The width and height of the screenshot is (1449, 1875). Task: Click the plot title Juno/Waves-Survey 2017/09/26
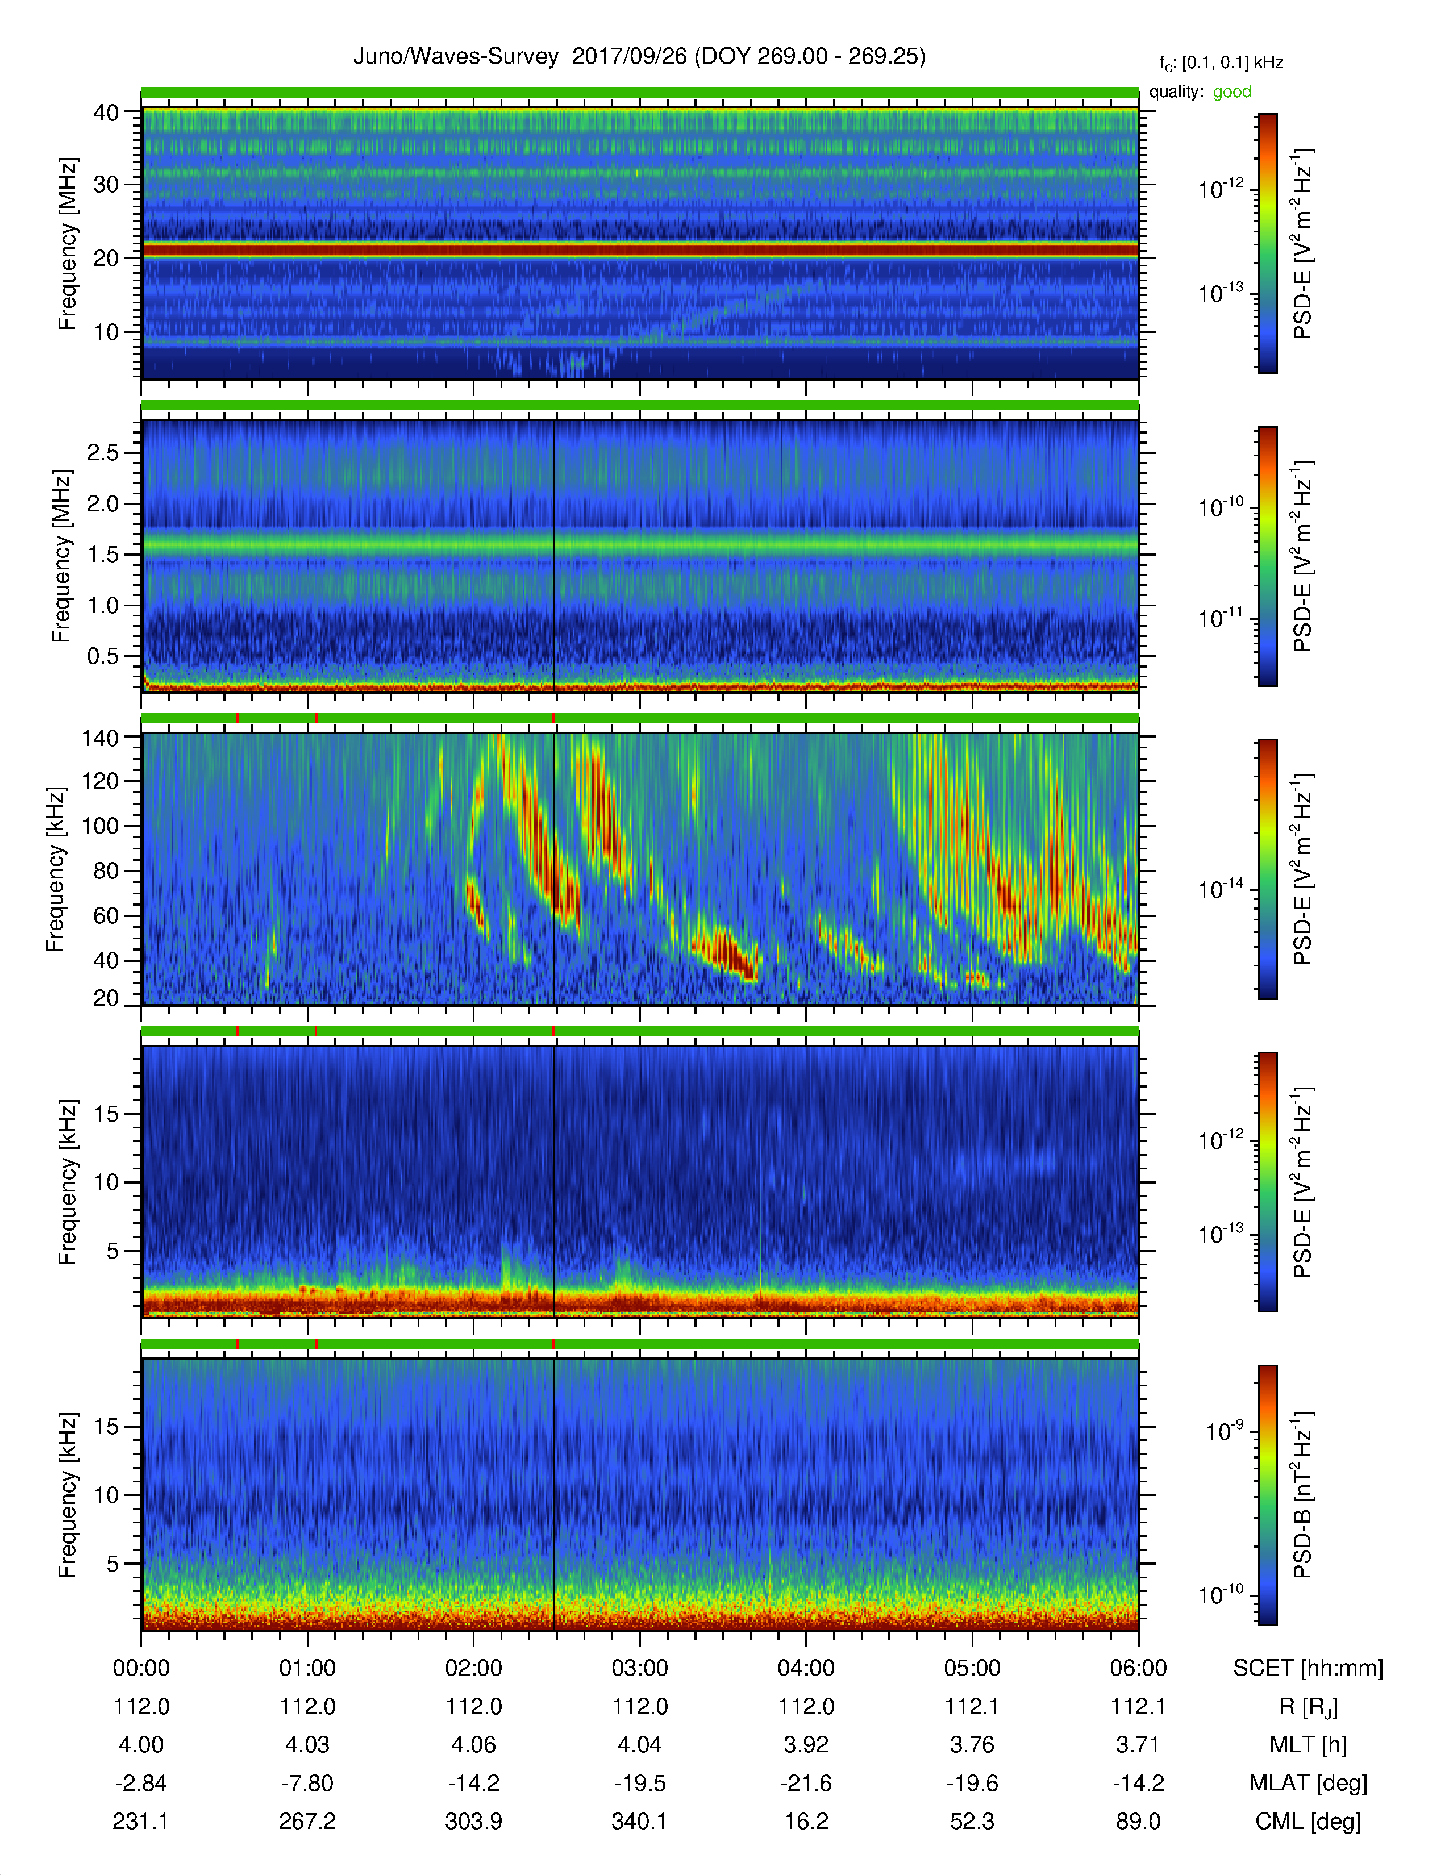click(520, 57)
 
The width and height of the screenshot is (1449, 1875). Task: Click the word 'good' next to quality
click(1232, 92)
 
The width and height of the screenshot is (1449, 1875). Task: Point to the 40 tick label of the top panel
click(106, 113)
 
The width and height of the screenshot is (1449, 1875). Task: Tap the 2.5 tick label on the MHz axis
click(103, 452)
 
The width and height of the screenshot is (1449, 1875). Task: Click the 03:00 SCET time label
click(639, 1668)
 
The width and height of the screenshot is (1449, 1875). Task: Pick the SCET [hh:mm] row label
click(1308, 1668)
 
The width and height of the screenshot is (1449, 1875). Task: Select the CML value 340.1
click(639, 1821)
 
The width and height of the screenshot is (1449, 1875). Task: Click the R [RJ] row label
click(1308, 1707)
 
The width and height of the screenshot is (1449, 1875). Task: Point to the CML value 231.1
click(141, 1821)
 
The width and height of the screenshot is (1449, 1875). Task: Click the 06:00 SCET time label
click(1138, 1668)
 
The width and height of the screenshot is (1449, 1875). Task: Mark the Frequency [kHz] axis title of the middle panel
click(55, 868)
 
